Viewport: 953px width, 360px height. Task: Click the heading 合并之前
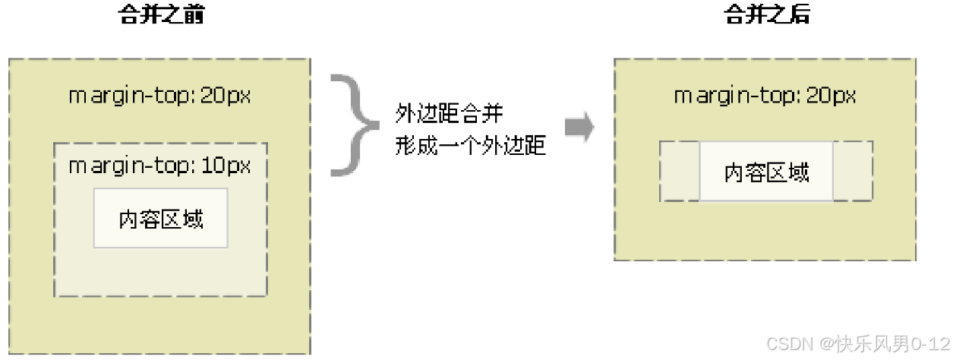tap(162, 14)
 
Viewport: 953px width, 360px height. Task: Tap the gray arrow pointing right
tap(579, 129)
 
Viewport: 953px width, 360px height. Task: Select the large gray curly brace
tap(355, 125)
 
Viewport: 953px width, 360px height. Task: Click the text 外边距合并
tap(449, 115)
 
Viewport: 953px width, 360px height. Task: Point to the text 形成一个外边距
tap(470, 146)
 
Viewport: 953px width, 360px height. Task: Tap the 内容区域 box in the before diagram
tap(161, 219)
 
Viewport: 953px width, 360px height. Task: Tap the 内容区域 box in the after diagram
tap(766, 172)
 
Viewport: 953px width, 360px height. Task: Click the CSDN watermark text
tap(858, 344)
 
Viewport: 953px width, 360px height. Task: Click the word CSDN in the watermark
tap(790, 344)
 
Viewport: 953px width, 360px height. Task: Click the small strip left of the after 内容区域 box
tap(680, 172)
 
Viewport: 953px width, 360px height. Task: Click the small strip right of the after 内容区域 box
tap(852, 172)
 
